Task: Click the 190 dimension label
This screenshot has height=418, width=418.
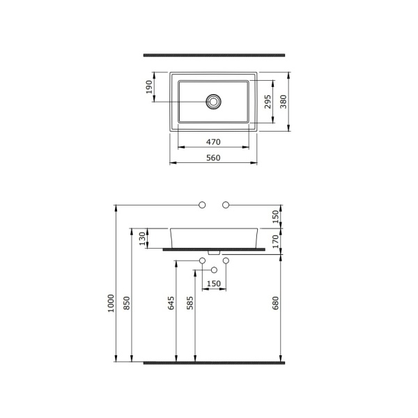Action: (149, 87)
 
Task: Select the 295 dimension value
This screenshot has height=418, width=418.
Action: (268, 102)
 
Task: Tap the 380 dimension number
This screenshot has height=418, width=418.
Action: (284, 102)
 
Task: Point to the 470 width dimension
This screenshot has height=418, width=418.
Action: (213, 142)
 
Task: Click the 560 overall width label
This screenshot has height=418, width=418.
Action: (213, 158)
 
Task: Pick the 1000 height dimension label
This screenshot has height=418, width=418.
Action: (111, 303)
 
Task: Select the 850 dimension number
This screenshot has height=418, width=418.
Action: (127, 303)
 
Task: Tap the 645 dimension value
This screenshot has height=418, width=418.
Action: (171, 303)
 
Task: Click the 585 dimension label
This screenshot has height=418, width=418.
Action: (189, 303)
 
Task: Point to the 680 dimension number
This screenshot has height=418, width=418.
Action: (275, 303)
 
